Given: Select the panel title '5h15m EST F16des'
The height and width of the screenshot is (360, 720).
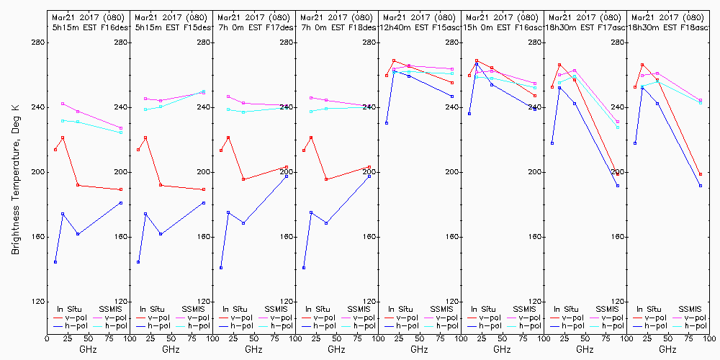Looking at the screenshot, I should tap(89, 27).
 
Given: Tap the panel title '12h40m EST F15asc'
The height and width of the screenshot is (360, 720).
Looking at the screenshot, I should tap(420, 27).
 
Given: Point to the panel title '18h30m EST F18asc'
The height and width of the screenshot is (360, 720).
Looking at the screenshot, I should tap(668, 27).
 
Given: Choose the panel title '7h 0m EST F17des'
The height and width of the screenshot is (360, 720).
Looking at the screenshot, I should tap(254, 27).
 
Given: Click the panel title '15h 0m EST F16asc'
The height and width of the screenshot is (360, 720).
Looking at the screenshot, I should tap(503, 27).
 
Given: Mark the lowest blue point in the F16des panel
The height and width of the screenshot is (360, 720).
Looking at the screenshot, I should tap(55, 262).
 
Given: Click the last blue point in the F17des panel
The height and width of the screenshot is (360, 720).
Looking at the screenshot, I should tap(287, 176).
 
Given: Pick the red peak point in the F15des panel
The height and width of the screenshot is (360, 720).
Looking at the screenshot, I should tap(145, 138).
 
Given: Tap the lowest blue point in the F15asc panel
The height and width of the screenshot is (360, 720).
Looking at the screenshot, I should tap(387, 123).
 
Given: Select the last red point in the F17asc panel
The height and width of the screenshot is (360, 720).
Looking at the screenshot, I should tap(618, 174).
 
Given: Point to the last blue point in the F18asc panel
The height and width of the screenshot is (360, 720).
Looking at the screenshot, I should tap(701, 186).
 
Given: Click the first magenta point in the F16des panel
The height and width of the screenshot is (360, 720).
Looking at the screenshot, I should tap(63, 104).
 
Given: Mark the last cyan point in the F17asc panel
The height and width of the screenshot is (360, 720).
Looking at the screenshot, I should tap(618, 127).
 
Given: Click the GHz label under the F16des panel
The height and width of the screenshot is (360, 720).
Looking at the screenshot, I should tap(88, 349).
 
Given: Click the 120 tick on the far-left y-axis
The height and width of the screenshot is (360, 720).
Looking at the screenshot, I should tap(38, 302).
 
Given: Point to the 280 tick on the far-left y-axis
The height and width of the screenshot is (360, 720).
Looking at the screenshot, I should tap(38, 42).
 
